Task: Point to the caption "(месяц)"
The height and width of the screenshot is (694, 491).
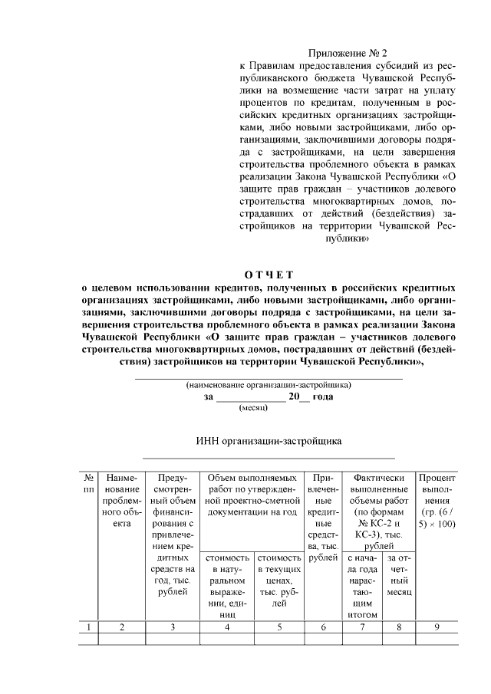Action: click(252, 408)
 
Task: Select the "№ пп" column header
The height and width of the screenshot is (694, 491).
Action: click(89, 483)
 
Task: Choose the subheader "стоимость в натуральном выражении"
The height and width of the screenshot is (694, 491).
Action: click(227, 586)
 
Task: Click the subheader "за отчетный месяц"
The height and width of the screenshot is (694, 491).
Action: click(399, 575)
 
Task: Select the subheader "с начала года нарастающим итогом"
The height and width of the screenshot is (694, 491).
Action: click(362, 586)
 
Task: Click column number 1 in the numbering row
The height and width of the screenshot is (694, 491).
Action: click(89, 627)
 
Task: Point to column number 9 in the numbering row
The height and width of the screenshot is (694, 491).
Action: click(437, 627)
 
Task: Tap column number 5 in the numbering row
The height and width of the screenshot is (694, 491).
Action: click(279, 627)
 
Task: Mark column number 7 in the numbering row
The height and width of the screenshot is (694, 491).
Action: click(362, 627)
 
